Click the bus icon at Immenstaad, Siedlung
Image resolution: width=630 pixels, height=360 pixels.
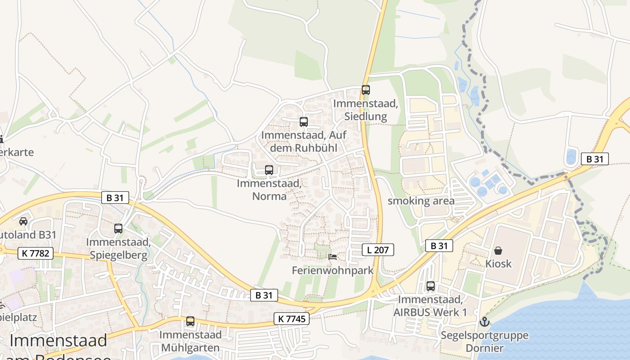click(x=366, y=90)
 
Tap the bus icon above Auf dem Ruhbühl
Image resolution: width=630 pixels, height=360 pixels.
click(x=304, y=122)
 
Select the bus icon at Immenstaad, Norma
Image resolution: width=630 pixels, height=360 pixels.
click(x=269, y=170)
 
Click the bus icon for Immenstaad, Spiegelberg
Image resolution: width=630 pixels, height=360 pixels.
click(x=118, y=229)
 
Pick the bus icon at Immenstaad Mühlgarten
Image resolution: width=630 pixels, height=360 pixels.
click(x=190, y=321)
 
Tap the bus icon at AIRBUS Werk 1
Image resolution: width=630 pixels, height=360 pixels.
click(x=431, y=286)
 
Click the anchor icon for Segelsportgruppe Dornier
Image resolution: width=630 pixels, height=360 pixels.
click(x=484, y=322)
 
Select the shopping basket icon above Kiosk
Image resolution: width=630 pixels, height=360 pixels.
click(x=498, y=250)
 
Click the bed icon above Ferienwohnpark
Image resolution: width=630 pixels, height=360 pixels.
click(x=333, y=257)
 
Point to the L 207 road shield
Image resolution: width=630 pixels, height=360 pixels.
click(x=378, y=250)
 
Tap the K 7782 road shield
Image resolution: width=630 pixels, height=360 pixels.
click(x=35, y=253)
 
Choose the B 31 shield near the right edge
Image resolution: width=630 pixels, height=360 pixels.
click(x=595, y=159)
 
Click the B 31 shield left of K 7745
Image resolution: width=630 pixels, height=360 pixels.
click(x=264, y=295)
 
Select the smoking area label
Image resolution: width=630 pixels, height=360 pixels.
click(x=421, y=201)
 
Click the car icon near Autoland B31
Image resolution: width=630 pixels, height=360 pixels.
click(x=23, y=221)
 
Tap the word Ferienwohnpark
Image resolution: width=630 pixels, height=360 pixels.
click(x=333, y=270)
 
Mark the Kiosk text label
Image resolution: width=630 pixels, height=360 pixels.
click(x=498, y=263)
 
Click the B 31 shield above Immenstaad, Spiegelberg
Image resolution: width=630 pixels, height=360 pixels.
click(x=115, y=198)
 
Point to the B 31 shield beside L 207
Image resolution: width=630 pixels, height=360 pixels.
click(x=439, y=246)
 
